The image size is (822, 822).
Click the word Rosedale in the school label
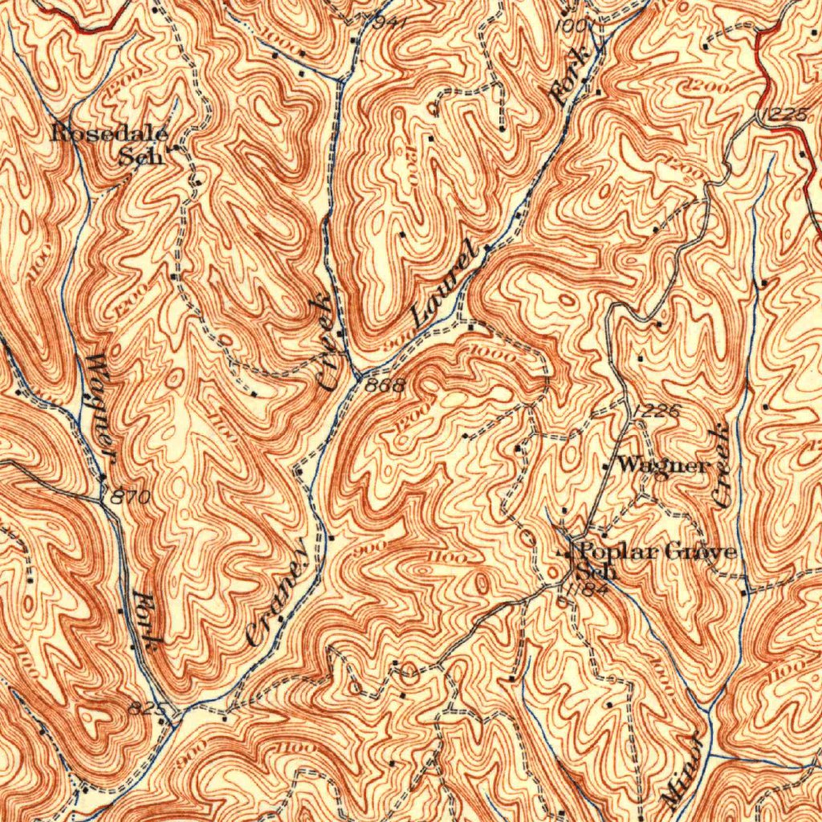(109, 133)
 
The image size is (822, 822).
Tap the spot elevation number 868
(385, 386)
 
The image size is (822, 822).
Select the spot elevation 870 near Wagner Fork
(131, 498)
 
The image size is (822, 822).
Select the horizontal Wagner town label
(664, 465)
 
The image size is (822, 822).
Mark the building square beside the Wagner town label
(606, 466)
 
